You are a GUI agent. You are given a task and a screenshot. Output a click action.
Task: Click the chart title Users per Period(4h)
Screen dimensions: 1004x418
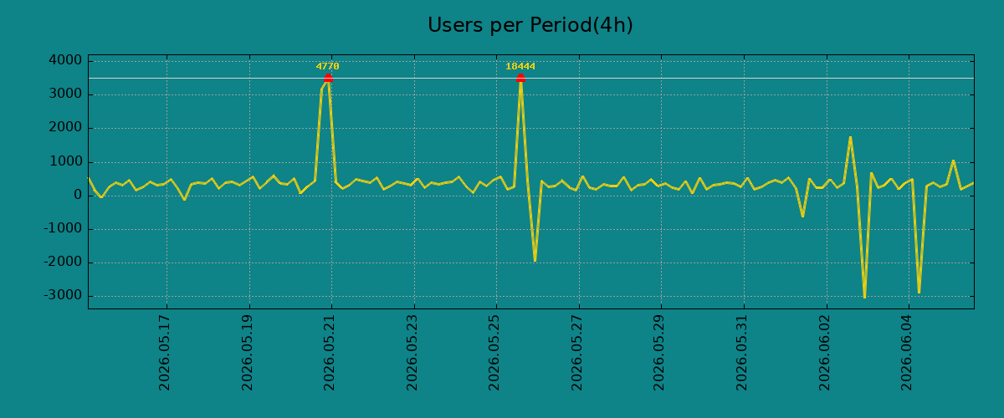click(x=530, y=25)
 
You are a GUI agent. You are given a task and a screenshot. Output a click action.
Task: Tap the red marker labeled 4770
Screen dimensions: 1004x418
click(x=328, y=79)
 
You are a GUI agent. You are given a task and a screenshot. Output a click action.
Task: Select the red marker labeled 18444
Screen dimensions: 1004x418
click(x=520, y=79)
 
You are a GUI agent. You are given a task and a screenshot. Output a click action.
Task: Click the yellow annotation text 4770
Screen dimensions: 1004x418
click(x=328, y=66)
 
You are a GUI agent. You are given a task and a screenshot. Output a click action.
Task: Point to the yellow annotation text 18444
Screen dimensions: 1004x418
click(x=520, y=66)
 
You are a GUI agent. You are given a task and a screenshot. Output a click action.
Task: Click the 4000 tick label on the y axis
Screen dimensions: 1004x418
click(x=65, y=60)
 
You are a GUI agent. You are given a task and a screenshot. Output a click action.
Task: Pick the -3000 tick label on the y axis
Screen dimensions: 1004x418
click(x=64, y=296)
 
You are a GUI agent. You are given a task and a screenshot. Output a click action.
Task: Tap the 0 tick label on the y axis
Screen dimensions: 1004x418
click(x=78, y=196)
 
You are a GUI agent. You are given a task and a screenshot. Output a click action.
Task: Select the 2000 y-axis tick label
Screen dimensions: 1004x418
click(x=65, y=128)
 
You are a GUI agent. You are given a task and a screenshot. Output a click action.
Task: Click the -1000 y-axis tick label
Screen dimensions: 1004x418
click(x=64, y=228)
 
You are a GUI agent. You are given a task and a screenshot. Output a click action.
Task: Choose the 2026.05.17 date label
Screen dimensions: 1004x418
click(x=165, y=353)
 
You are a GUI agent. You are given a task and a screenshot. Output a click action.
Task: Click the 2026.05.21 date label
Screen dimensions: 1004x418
click(x=330, y=353)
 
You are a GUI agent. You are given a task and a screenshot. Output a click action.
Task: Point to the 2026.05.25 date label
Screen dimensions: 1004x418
click(x=494, y=353)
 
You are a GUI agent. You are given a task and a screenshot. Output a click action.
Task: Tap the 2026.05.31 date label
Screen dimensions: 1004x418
click(x=742, y=353)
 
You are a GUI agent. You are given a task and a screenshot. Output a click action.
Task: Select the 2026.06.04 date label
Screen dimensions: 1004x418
click(x=907, y=353)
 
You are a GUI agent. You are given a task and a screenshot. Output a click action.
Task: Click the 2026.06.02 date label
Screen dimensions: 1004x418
click(x=825, y=353)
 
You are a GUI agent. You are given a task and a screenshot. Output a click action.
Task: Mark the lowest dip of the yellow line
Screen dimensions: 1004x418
click(x=864, y=297)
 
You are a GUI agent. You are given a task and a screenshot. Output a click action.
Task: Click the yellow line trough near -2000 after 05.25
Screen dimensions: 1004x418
click(x=535, y=260)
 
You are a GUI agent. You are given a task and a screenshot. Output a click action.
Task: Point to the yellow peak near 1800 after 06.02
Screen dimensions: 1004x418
click(x=850, y=138)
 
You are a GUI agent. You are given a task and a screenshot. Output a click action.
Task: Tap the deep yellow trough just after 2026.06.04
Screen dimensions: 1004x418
click(x=919, y=293)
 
